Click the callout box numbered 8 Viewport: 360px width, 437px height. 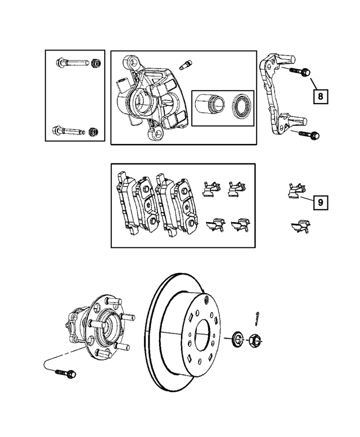pos(320,97)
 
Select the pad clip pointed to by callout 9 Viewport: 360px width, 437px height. pos(294,192)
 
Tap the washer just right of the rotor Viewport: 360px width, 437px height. pos(237,340)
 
